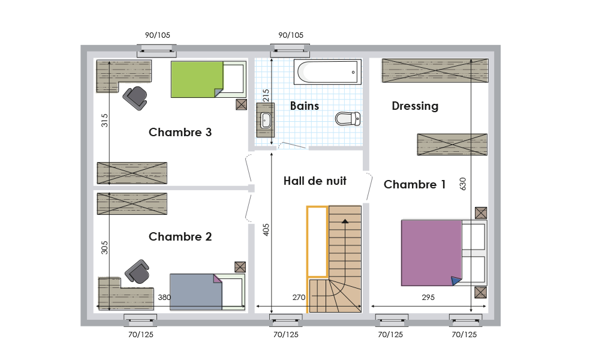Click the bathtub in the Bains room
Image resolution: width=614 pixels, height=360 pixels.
tap(327, 71)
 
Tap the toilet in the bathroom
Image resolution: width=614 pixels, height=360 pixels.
tap(348, 119)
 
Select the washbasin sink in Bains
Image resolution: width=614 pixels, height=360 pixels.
tap(266, 120)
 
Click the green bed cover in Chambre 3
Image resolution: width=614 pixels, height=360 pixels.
tap(197, 79)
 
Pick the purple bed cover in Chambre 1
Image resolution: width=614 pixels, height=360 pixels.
tap(431, 253)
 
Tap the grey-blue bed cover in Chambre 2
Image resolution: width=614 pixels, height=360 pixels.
tap(196, 292)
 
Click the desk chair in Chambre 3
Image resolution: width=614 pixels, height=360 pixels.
tap(135, 98)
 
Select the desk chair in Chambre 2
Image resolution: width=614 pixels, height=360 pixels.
tap(137, 271)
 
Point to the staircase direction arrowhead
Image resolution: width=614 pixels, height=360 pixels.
tap(345, 221)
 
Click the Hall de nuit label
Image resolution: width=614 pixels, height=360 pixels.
tap(315, 181)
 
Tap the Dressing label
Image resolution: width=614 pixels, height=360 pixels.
tap(415, 106)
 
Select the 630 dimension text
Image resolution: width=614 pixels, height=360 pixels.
tap(463, 184)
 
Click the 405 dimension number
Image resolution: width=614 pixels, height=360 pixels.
tap(266, 230)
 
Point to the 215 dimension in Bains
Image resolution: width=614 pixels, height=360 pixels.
tap(266, 95)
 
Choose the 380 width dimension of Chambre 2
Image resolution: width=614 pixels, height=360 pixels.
tap(164, 298)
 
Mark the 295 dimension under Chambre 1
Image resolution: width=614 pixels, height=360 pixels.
tap(428, 298)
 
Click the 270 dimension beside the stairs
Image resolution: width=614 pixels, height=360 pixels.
tap(299, 298)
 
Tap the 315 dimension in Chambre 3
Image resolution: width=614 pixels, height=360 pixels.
tap(104, 120)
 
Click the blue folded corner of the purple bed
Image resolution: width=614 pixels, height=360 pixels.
tap(456, 281)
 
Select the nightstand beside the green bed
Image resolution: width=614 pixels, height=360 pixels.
tap(241, 104)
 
